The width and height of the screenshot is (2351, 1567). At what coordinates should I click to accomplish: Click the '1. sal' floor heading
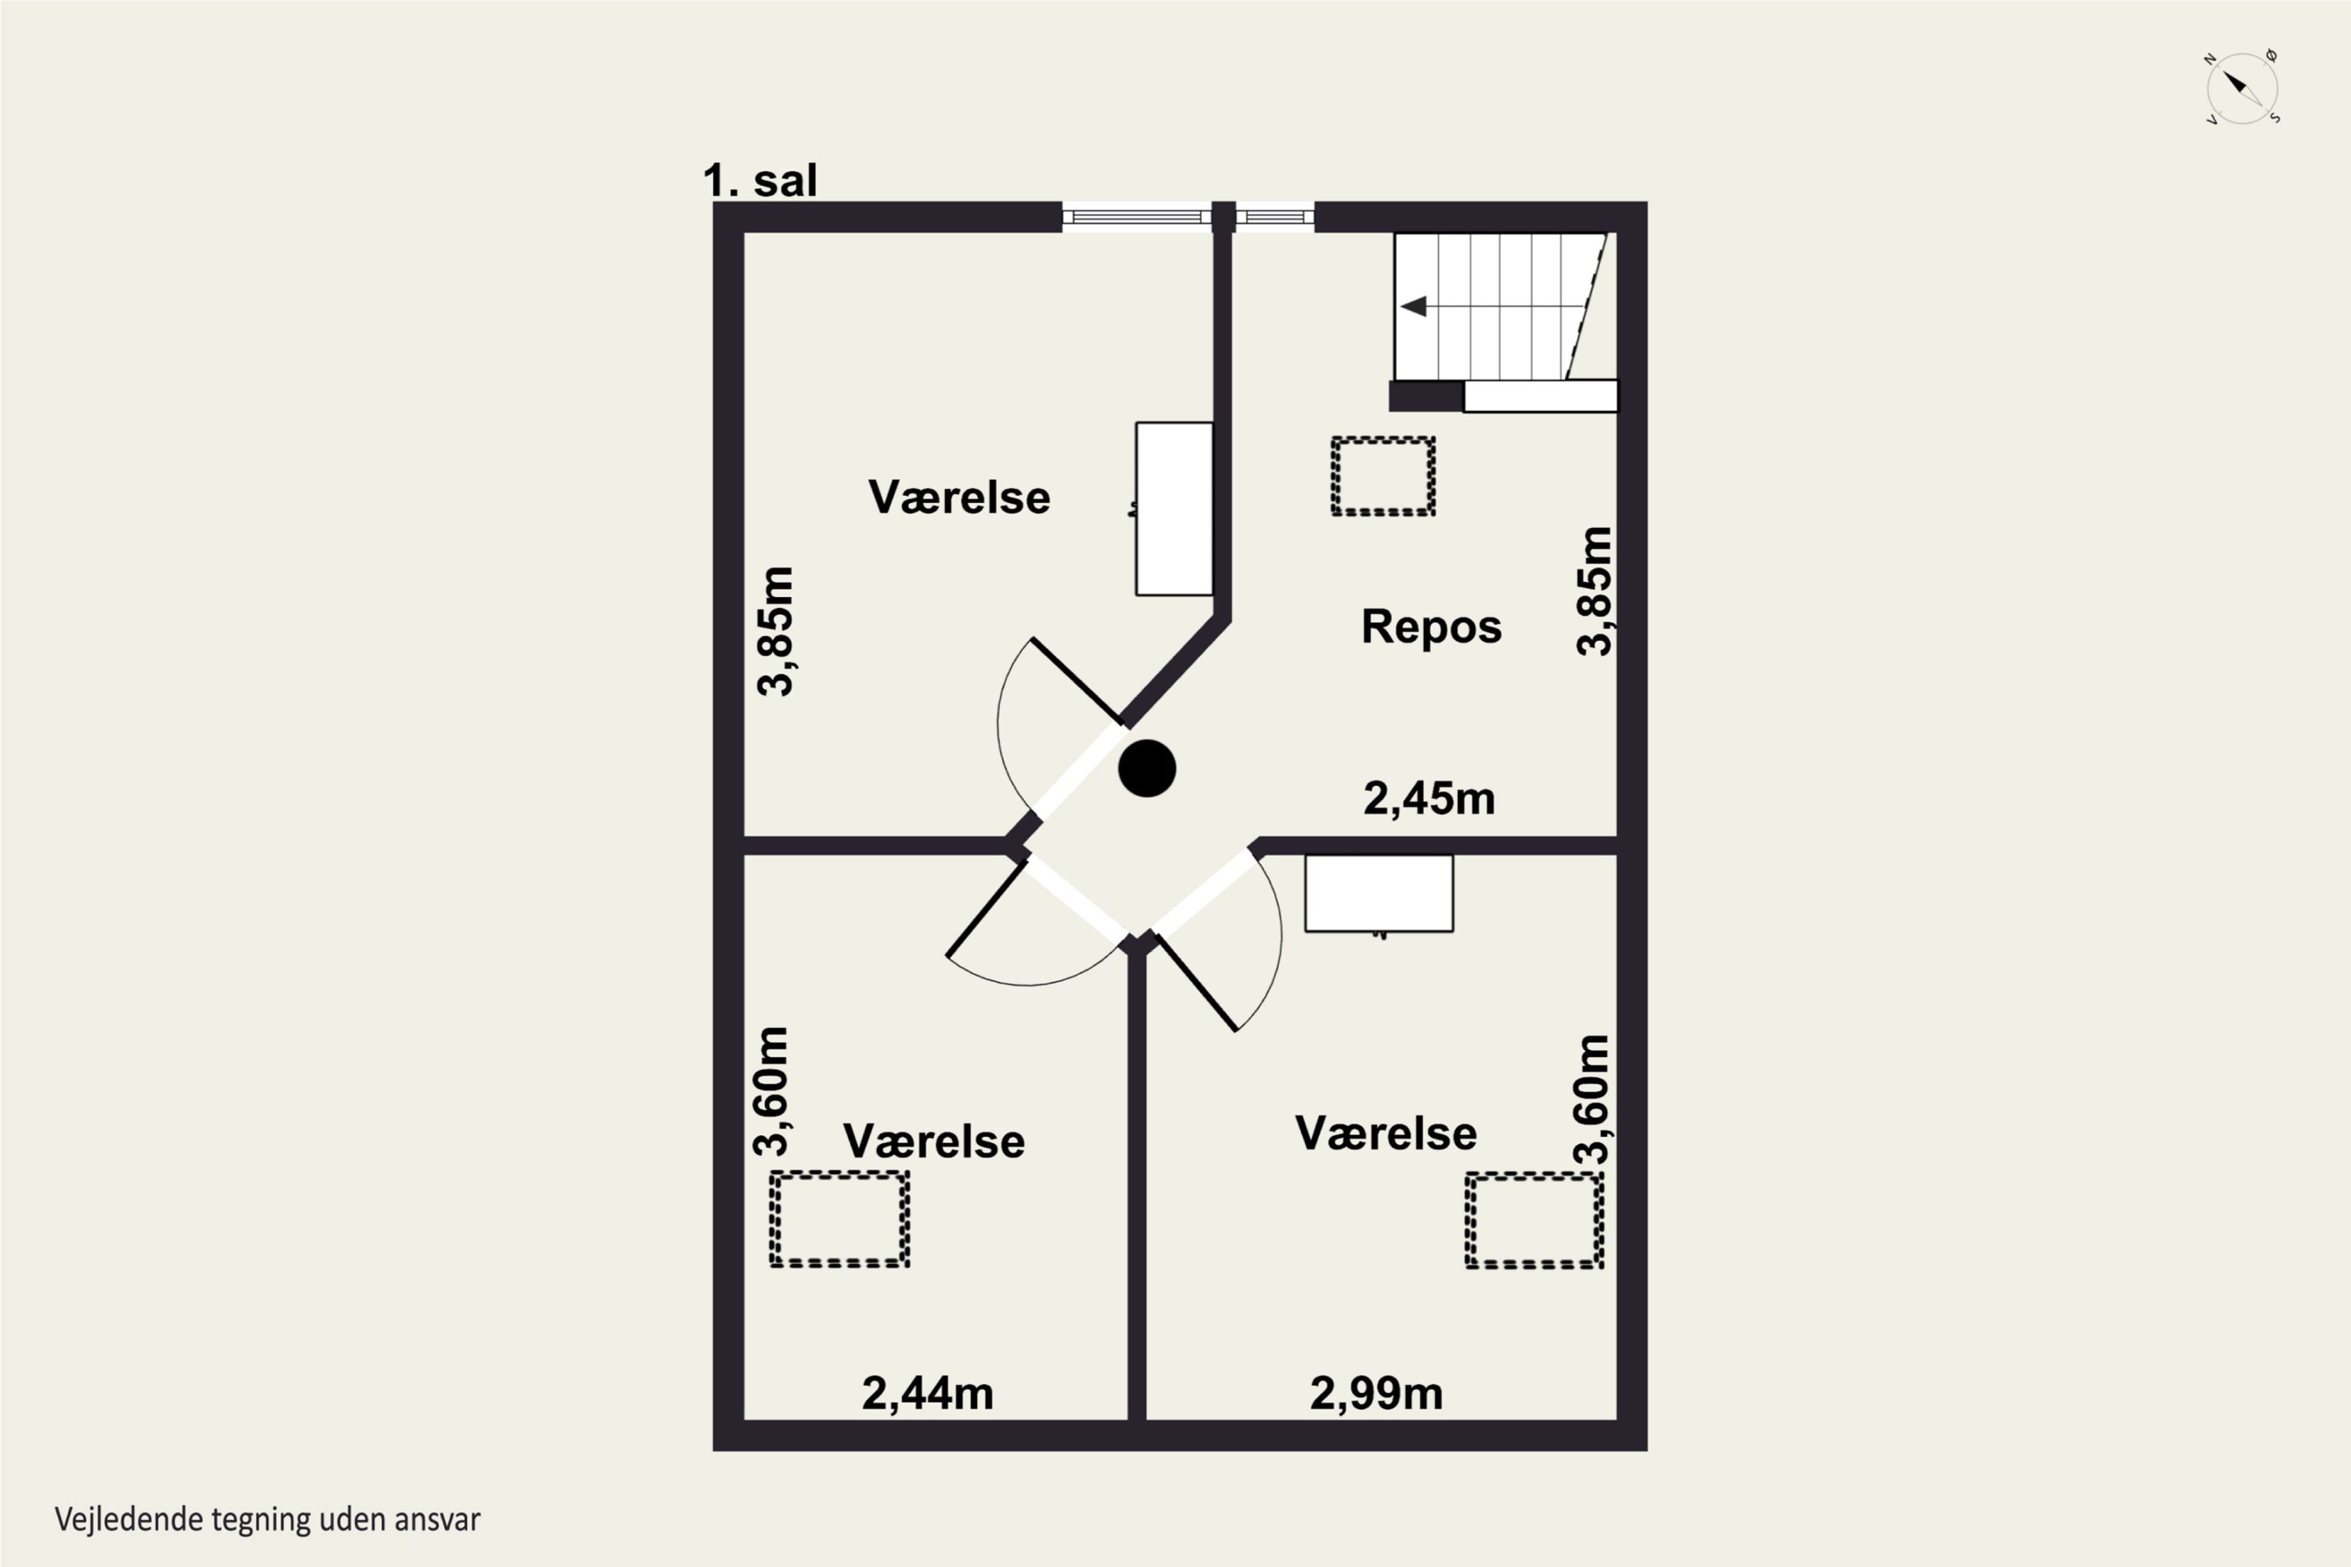coord(759,181)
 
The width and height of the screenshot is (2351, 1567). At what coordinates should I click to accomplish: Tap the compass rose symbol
coord(2242,88)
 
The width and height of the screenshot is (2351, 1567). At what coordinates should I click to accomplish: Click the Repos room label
coord(1432,627)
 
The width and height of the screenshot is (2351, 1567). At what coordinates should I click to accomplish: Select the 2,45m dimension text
coord(1429,798)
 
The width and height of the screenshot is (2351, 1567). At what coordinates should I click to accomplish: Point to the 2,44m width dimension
coord(928,1393)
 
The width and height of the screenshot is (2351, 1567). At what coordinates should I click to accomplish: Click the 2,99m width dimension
coord(1376,1393)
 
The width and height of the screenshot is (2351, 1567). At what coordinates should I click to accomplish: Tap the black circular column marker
coord(1147,769)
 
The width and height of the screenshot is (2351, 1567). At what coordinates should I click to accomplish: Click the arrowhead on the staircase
coord(1414,306)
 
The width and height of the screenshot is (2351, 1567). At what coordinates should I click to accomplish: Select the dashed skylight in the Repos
coord(1383,476)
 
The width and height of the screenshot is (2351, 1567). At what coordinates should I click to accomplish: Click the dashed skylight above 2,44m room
coord(839,1219)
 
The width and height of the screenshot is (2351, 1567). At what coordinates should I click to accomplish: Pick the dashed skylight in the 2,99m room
coord(1534,1219)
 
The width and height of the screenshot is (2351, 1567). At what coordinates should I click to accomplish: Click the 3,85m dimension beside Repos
coord(1593,591)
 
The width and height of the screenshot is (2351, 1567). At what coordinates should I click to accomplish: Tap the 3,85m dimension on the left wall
coord(775,631)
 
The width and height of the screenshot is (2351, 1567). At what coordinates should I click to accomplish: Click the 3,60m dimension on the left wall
coord(770,1091)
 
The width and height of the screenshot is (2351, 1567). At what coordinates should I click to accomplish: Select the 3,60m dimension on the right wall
coord(1592,1099)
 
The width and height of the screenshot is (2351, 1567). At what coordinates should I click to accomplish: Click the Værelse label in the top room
coord(958,498)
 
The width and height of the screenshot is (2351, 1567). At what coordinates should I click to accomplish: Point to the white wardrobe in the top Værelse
coord(1175,508)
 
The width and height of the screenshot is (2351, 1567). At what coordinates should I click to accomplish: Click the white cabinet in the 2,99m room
coord(1379,893)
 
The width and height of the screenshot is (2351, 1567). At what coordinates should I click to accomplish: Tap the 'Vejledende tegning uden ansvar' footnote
coord(268,1520)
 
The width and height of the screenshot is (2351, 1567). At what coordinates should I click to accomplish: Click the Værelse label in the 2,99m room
coord(1386,1133)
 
